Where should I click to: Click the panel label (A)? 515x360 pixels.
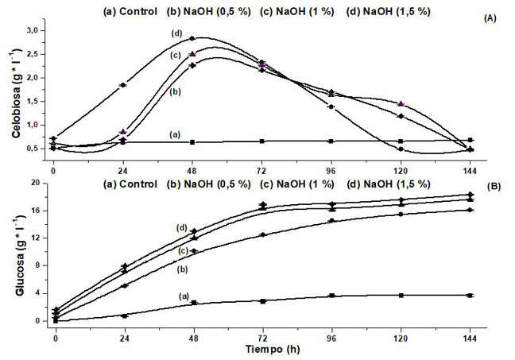492,18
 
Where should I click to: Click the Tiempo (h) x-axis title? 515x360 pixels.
263,347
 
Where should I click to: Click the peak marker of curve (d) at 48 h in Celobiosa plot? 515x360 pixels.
192,38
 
